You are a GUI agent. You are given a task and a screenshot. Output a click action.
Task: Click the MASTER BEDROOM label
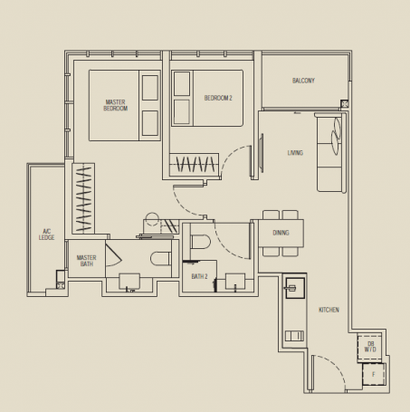click(115, 105)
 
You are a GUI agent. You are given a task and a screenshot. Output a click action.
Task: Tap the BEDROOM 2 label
click(217, 98)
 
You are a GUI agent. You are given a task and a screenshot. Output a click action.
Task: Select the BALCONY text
click(303, 81)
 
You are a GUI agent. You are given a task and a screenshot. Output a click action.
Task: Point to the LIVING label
click(295, 153)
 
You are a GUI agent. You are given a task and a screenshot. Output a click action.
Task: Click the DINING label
click(281, 233)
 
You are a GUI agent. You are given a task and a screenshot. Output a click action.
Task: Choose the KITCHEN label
click(329, 311)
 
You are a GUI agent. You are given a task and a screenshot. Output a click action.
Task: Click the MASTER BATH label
click(86, 260)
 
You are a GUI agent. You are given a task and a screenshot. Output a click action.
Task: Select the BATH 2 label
click(199, 275)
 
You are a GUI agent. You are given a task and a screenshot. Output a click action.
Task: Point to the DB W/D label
click(370, 347)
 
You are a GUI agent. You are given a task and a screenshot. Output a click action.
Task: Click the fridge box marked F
click(372, 372)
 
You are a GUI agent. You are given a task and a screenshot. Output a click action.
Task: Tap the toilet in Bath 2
click(201, 242)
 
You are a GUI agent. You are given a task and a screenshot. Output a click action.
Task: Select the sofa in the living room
click(330, 153)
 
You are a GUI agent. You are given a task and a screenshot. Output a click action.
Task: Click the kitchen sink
click(293, 290)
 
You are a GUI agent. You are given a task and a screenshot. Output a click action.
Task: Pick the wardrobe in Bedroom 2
click(195, 164)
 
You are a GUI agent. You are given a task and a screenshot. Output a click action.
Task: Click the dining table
click(281, 233)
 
